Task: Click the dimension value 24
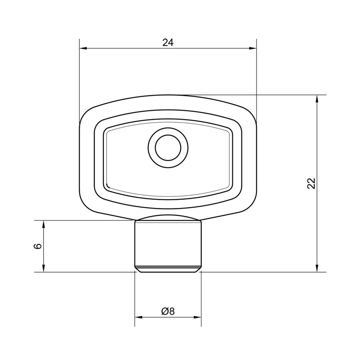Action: click(x=168, y=42)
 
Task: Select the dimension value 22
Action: click(x=311, y=183)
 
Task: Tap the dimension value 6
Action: click(x=38, y=246)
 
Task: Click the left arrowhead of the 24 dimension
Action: click(x=83, y=49)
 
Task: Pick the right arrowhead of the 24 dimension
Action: click(x=253, y=49)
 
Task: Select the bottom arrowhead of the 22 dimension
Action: click(x=317, y=268)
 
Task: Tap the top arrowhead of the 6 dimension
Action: click(x=44, y=224)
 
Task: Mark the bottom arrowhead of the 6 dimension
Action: click(x=44, y=268)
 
